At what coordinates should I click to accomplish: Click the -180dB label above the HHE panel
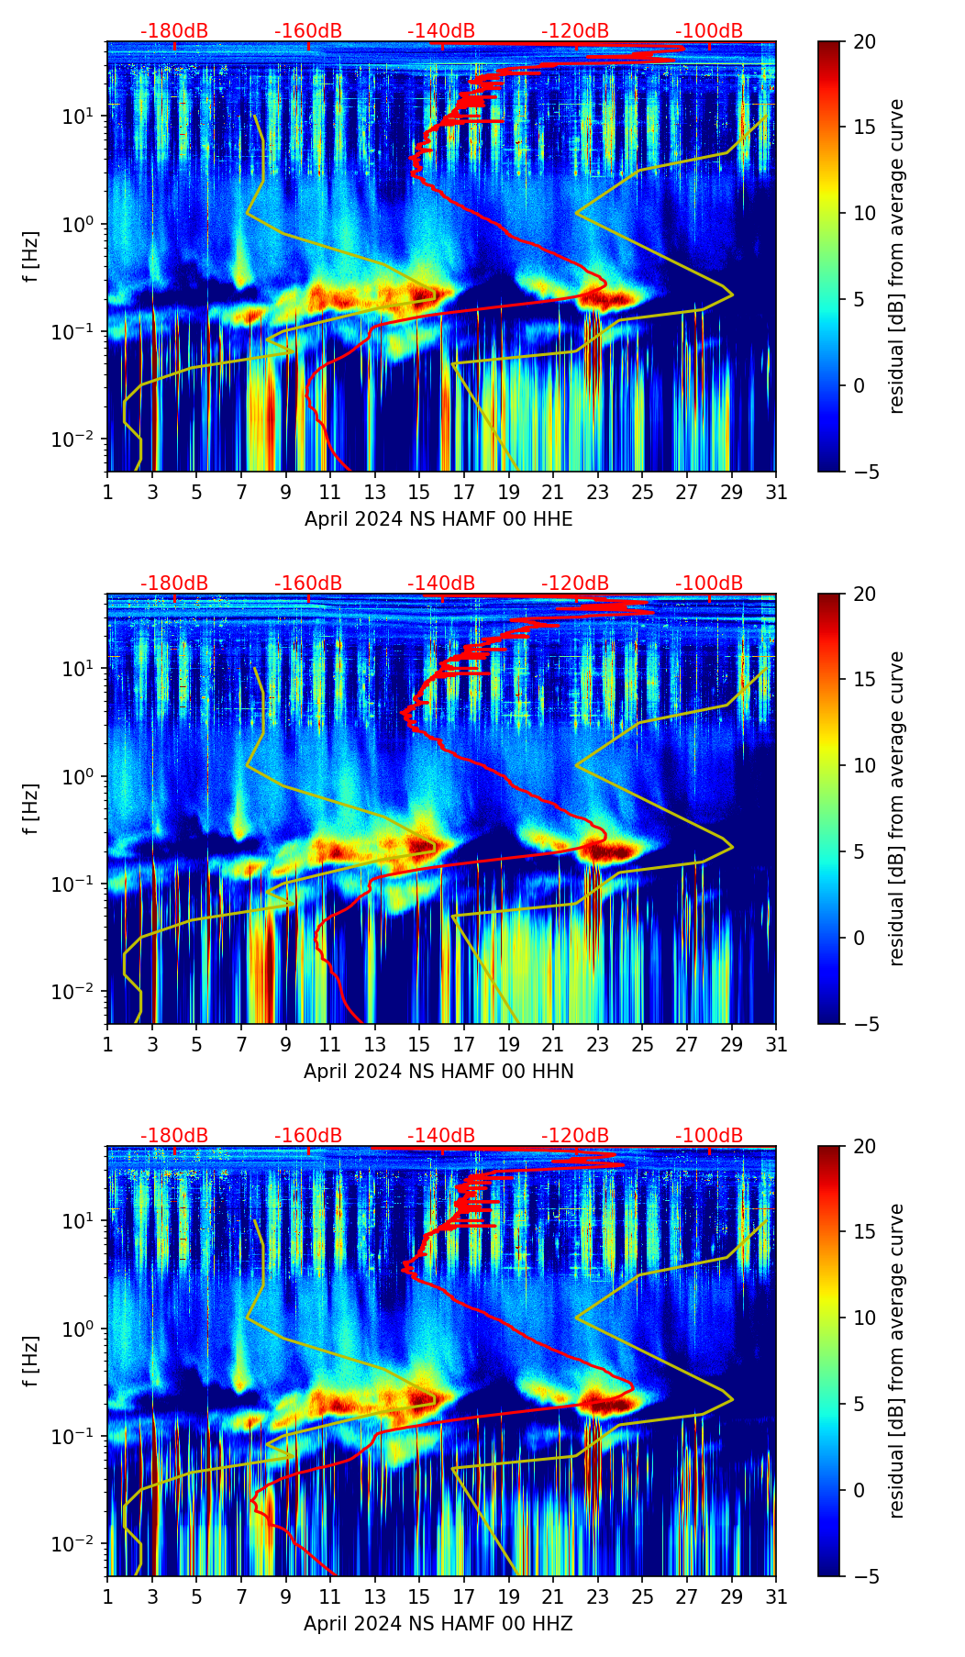point(174,31)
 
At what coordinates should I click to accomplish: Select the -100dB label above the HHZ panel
point(709,1136)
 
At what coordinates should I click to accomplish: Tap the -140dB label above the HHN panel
point(441,584)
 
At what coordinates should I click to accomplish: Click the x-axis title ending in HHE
point(438,519)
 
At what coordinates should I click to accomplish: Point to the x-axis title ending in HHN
point(438,1072)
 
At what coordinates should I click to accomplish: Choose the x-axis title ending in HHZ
point(438,1624)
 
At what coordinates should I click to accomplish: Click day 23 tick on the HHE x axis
point(597,493)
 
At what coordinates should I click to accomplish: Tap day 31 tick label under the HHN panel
point(776,1045)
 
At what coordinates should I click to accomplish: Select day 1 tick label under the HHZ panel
point(107,1597)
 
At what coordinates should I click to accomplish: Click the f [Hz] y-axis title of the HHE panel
point(32,257)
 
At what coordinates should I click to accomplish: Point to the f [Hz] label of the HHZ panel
point(32,1362)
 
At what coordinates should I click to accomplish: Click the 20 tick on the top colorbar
point(863,42)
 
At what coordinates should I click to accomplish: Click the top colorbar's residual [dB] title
point(897,257)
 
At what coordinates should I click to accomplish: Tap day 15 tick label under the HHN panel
point(419,1045)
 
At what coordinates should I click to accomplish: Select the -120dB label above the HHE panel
point(575,31)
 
